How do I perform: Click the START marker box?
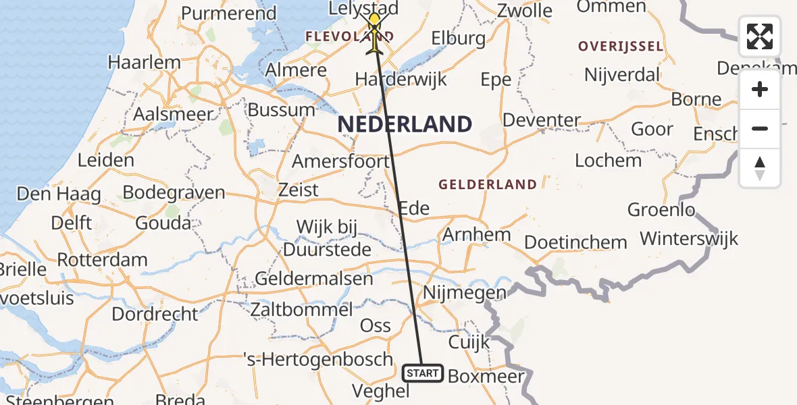(x=423, y=373)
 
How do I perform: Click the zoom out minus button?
(x=760, y=129)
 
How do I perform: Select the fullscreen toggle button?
(x=760, y=36)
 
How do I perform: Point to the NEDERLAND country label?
(x=405, y=124)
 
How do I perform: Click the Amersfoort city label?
(x=340, y=162)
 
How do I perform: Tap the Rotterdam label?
(x=102, y=260)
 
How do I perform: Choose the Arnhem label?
(x=476, y=235)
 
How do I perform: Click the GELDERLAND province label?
(x=488, y=184)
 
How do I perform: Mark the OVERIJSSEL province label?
(x=620, y=47)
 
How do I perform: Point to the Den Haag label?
(x=59, y=194)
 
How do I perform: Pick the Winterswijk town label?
(x=689, y=239)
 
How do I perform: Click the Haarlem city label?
(x=145, y=63)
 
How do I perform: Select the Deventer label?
(x=542, y=121)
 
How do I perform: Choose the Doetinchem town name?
(x=575, y=242)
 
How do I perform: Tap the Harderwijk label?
(x=401, y=80)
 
